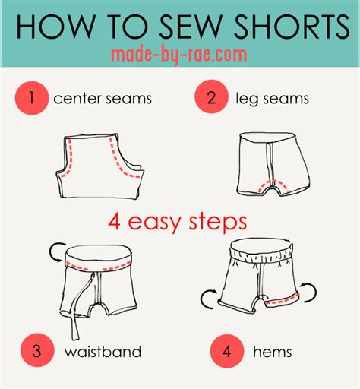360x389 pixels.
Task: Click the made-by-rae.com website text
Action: (179, 55)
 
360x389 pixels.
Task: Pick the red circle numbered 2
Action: (208, 97)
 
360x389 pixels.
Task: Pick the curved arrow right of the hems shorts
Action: (308, 289)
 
